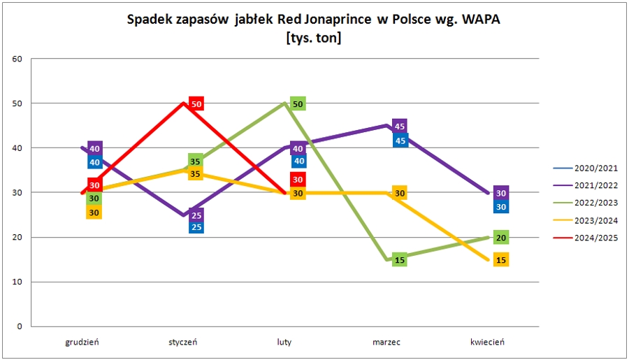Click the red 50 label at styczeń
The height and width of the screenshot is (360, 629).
click(x=196, y=103)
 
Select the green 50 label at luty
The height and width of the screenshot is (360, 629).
click(x=298, y=103)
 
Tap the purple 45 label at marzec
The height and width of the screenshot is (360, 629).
click(x=400, y=127)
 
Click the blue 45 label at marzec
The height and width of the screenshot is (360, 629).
click(x=400, y=141)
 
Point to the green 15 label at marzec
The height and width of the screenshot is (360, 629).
click(x=400, y=260)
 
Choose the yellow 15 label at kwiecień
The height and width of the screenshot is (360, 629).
click(x=501, y=260)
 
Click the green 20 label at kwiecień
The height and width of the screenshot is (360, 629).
click(x=501, y=238)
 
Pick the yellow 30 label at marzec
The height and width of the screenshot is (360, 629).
click(x=400, y=193)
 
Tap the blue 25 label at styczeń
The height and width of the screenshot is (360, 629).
click(x=196, y=226)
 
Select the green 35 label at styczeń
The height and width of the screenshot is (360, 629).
click(x=196, y=161)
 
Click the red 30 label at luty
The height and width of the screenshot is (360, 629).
click(x=298, y=180)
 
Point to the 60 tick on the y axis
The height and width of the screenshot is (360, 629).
click(x=17, y=59)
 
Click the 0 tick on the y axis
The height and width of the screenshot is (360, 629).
click(x=20, y=326)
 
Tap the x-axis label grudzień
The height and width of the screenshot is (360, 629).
click(x=82, y=342)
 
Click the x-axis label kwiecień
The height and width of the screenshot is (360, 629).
click(x=487, y=342)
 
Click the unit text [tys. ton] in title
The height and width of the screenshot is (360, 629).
click(x=314, y=38)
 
